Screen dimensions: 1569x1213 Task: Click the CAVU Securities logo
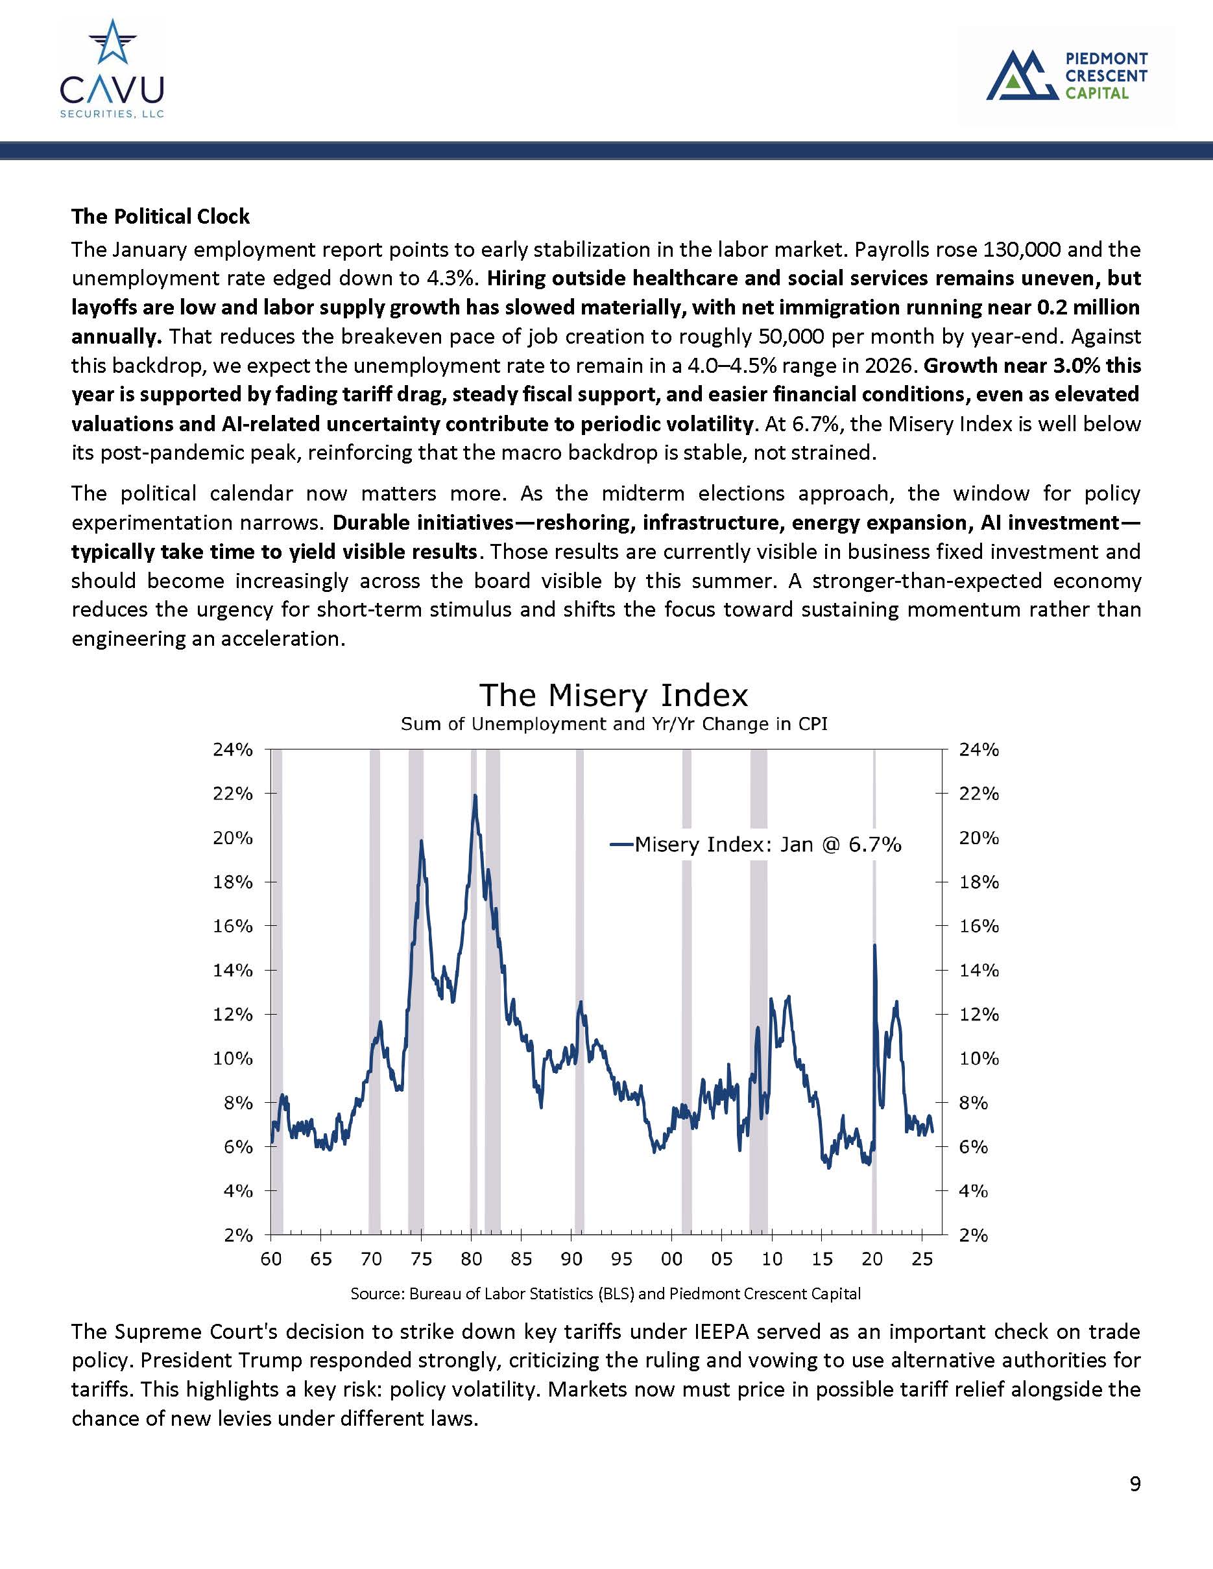pos(112,69)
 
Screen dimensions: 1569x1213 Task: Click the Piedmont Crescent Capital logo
pos(1066,75)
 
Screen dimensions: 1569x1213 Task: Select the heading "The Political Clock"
pos(160,217)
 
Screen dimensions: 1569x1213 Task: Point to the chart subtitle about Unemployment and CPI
pos(614,724)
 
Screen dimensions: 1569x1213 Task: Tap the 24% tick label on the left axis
pos(233,750)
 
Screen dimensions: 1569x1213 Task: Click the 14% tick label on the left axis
pos(233,971)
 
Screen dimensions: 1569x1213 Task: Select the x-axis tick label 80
pos(471,1258)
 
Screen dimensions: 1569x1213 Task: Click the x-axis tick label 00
pos(671,1258)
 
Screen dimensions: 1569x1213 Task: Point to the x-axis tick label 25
pos(922,1258)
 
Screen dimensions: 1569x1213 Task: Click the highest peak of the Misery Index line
pos(475,796)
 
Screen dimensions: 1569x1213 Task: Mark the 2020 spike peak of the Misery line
pos(874,945)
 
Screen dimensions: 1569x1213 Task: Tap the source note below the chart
pos(605,1294)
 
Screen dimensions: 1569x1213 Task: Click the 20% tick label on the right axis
pos(979,838)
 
